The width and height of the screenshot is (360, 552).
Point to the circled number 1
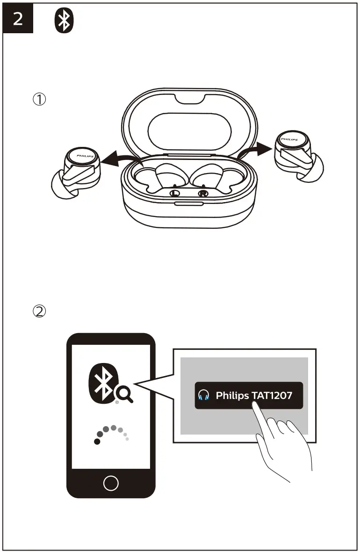click(x=39, y=99)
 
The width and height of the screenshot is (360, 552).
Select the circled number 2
click(x=39, y=311)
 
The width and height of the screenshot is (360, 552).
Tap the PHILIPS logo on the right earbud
click(x=292, y=139)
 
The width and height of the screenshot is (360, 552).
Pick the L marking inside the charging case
click(x=175, y=193)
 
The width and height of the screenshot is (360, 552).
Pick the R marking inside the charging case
click(x=203, y=193)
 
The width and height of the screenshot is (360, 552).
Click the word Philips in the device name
click(x=232, y=396)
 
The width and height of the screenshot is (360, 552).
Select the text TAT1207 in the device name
click(x=272, y=396)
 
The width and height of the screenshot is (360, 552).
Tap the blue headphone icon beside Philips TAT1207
click(x=203, y=396)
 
